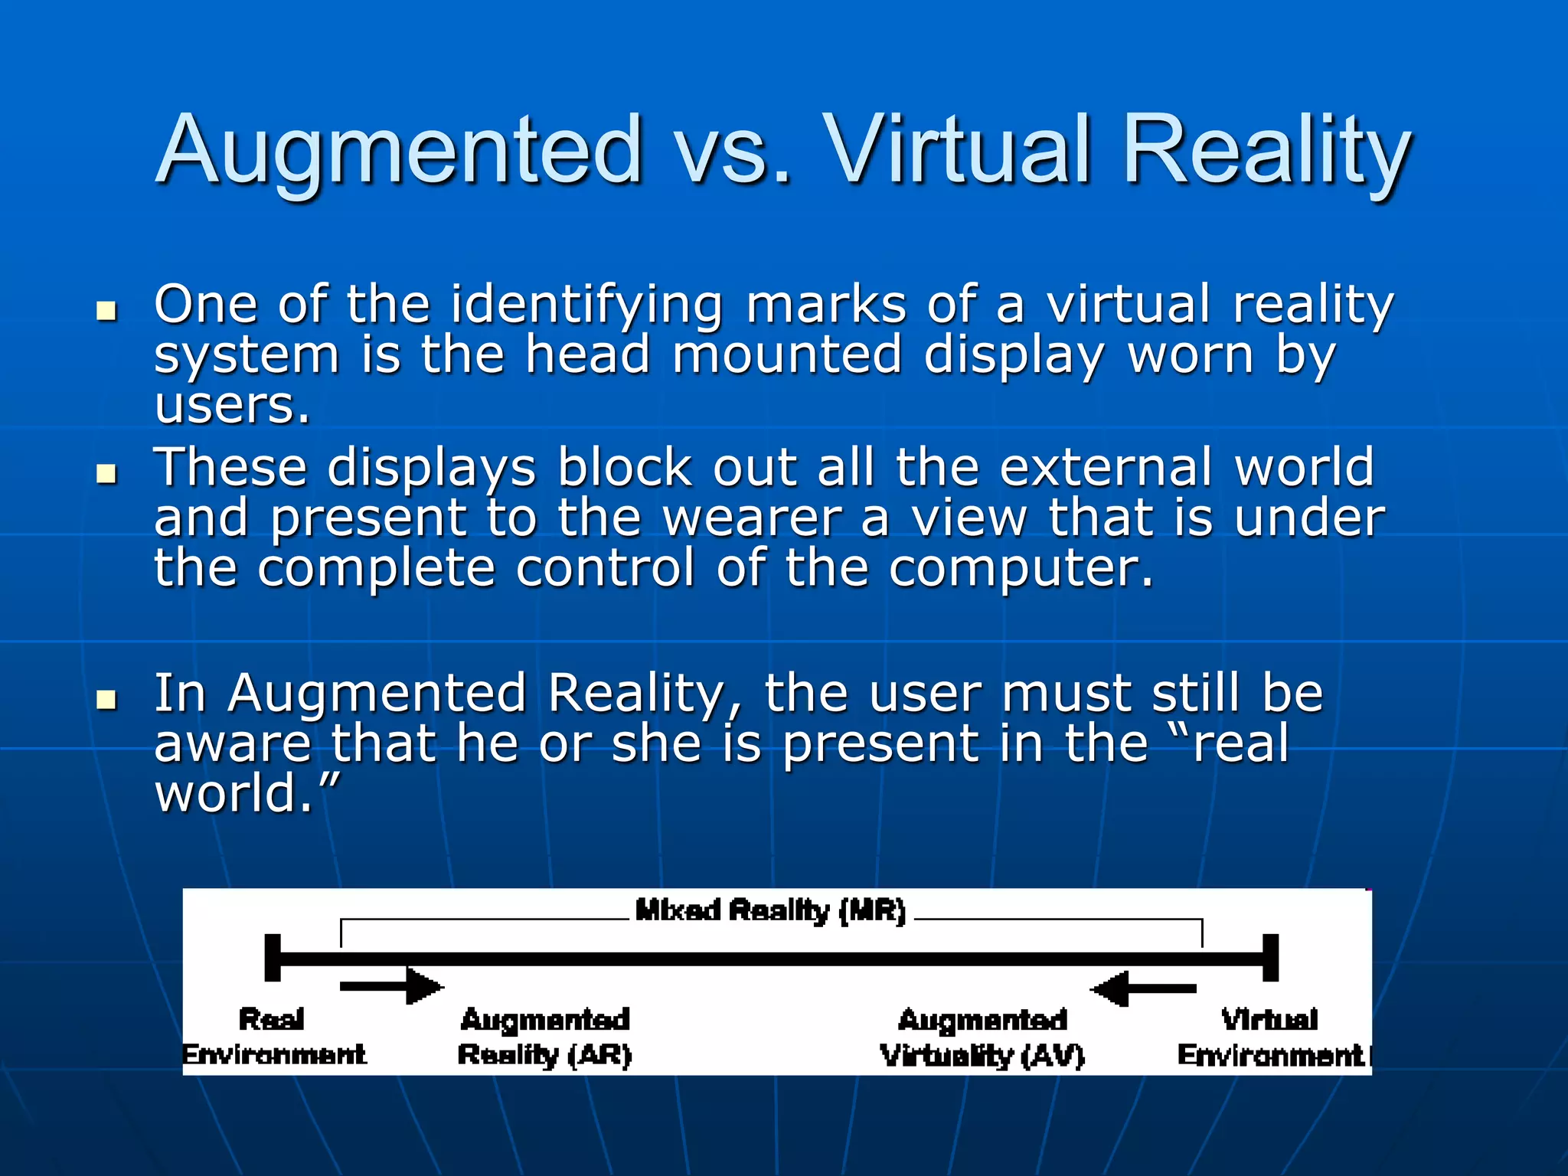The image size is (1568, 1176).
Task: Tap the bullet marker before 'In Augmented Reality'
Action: [107, 699]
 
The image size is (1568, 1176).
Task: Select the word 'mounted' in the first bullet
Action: [787, 355]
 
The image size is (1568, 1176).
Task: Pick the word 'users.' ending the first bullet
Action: [232, 406]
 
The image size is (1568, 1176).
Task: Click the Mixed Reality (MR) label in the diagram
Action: [770, 911]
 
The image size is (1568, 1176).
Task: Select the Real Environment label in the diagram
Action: [273, 1037]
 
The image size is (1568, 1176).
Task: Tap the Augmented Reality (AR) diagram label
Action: [544, 1037]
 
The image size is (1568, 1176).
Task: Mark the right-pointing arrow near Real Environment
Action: [390, 986]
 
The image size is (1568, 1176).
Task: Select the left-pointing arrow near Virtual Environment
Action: [1143, 988]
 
